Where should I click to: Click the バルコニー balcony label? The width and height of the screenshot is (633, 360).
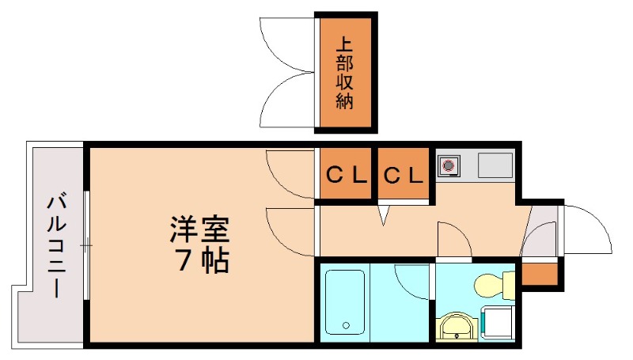coord(55,244)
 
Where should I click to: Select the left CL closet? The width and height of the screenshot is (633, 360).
coord(347,175)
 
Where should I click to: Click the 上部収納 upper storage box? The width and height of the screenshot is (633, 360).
coord(345,73)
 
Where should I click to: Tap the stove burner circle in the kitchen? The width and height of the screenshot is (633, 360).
coord(449,166)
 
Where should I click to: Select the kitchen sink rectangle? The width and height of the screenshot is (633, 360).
coord(495,166)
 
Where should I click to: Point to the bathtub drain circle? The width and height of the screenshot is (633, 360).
coord(345,324)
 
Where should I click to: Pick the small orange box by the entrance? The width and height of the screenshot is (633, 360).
coord(540,273)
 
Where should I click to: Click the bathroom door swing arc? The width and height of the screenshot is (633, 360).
coord(411,281)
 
